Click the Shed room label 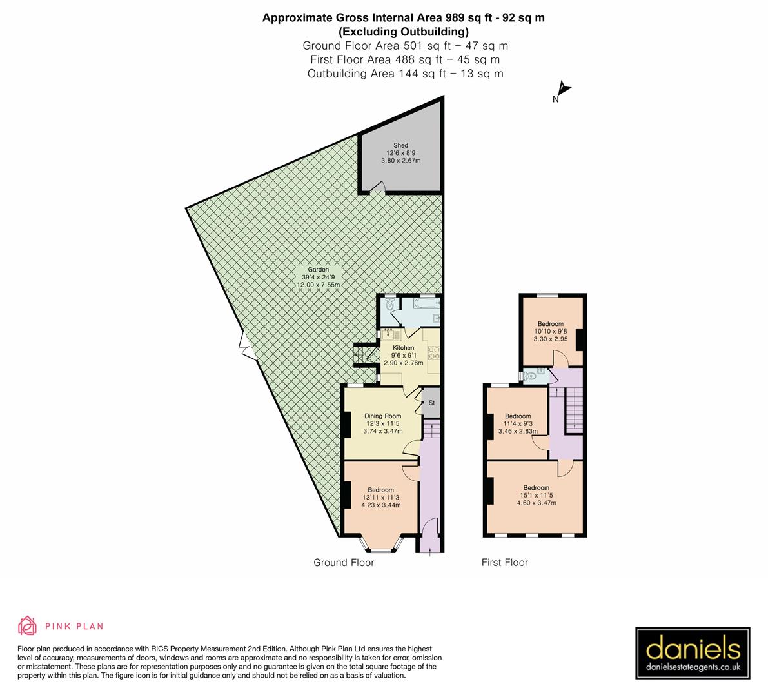[400, 146]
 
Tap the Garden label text [318, 270]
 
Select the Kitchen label [404, 348]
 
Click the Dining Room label [382, 416]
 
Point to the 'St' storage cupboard [431, 403]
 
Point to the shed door [378, 187]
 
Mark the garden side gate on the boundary [246, 346]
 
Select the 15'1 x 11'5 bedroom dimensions [536, 496]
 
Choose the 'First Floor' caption [504, 563]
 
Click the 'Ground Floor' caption [344, 563]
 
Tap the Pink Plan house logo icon [27, 625]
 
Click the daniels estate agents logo [693, 653]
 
